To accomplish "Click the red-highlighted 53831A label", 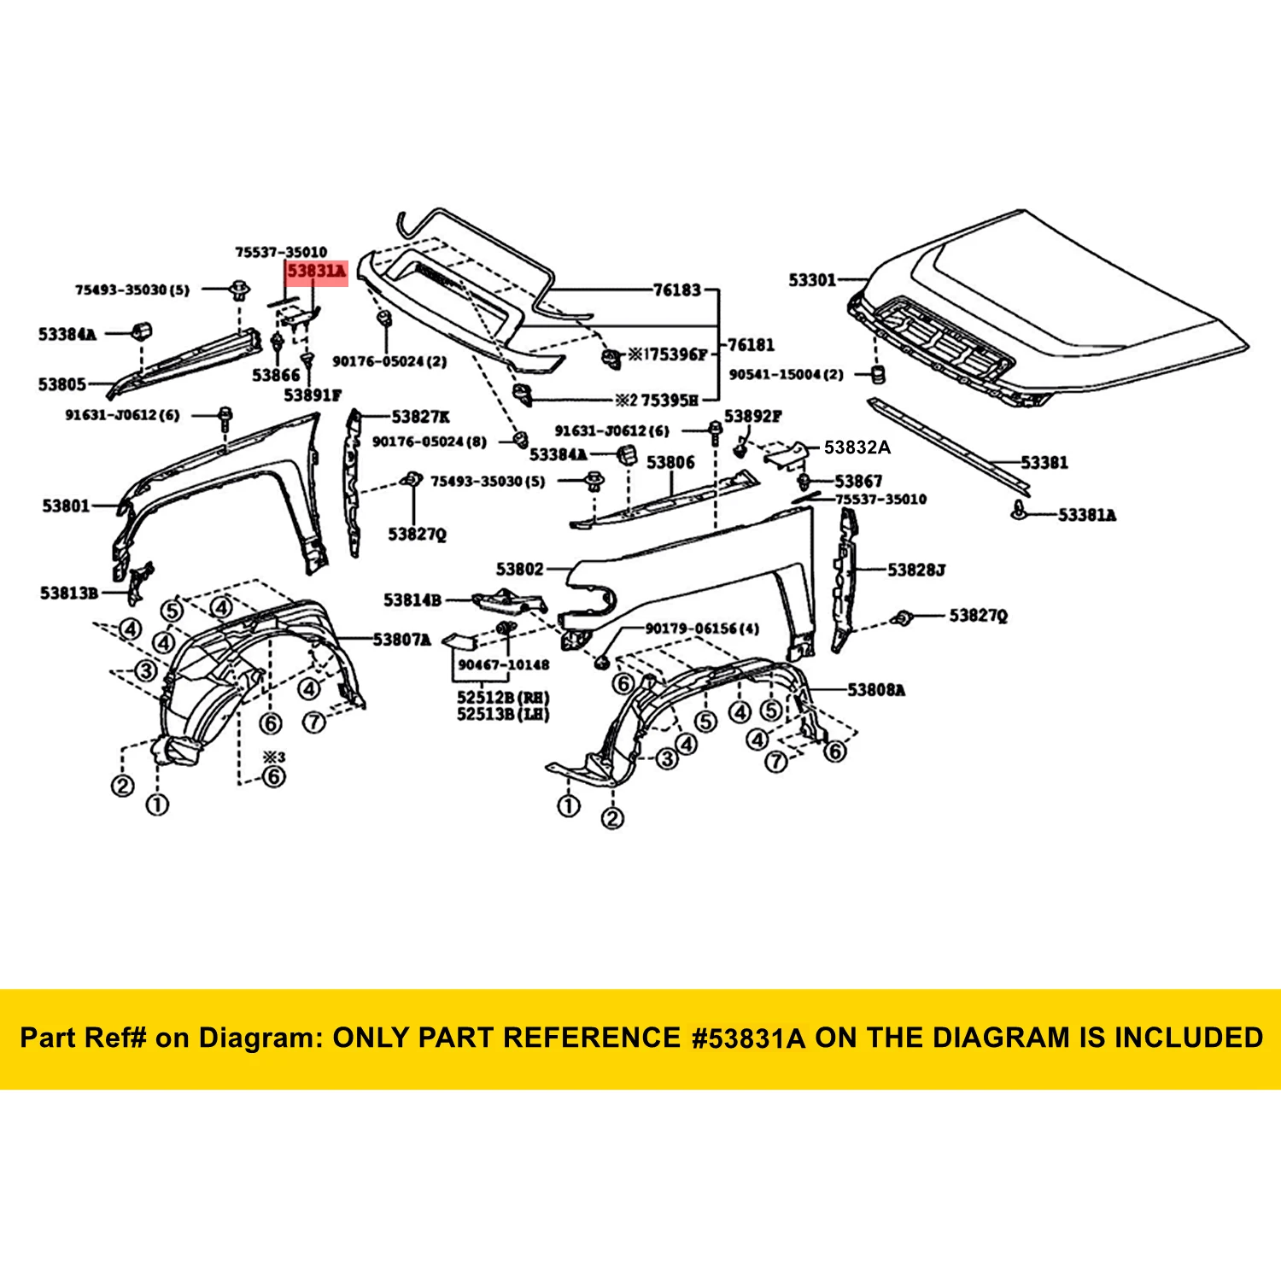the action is (317, 272).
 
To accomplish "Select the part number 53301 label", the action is (812, 280).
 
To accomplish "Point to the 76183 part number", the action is (676, 290).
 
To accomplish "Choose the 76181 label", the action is (751, 345).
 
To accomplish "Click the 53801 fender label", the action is (66, 506).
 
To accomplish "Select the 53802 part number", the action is (519, 569).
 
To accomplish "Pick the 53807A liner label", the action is (401, 639).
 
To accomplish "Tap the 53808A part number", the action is (876, 689).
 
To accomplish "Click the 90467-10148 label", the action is (504, 664).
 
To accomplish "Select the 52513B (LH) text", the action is (503, 714).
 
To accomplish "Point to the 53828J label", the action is (916, 570).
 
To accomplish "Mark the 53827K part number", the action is (420, 417).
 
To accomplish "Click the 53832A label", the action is (857, 447).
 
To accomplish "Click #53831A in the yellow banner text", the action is (748, 1038).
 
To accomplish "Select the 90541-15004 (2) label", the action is (786, 374).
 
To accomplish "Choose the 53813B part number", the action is (69, 593).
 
